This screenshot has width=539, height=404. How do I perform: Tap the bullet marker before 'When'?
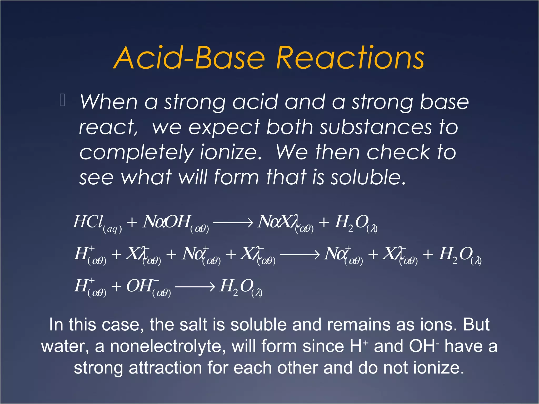pos(62,100)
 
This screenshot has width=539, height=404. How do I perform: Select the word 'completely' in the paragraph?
pos(136,153)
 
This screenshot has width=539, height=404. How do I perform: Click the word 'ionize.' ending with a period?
pos(231,153)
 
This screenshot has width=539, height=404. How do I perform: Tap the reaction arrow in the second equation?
pos(300,255)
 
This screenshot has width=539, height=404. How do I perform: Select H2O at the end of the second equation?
pos(457,255)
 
